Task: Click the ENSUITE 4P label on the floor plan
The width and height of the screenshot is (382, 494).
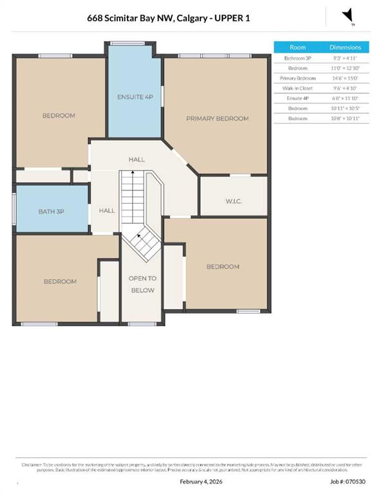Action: [135, 97]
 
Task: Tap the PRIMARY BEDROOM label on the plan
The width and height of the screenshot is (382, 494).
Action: [217, 118]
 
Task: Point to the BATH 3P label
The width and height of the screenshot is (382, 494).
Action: [52, 211]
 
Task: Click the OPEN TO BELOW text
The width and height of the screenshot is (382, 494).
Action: [142, 284]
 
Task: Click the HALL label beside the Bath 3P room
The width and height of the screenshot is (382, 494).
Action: [107, 210]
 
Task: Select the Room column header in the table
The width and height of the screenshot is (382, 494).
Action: [298, 47]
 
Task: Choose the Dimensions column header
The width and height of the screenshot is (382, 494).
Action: [345, 47]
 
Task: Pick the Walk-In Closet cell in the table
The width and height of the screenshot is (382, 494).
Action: [298, 88]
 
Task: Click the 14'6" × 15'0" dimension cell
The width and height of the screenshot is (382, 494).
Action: [345, 78]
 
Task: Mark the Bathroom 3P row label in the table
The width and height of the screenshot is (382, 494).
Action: [298, 57]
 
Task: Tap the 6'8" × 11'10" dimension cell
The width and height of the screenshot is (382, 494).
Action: [345, 98]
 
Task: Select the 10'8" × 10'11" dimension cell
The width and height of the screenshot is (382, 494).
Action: [345, 119]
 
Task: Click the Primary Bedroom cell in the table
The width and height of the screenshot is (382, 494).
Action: [298, 78]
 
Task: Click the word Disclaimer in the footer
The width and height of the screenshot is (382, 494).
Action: [32, 464]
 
